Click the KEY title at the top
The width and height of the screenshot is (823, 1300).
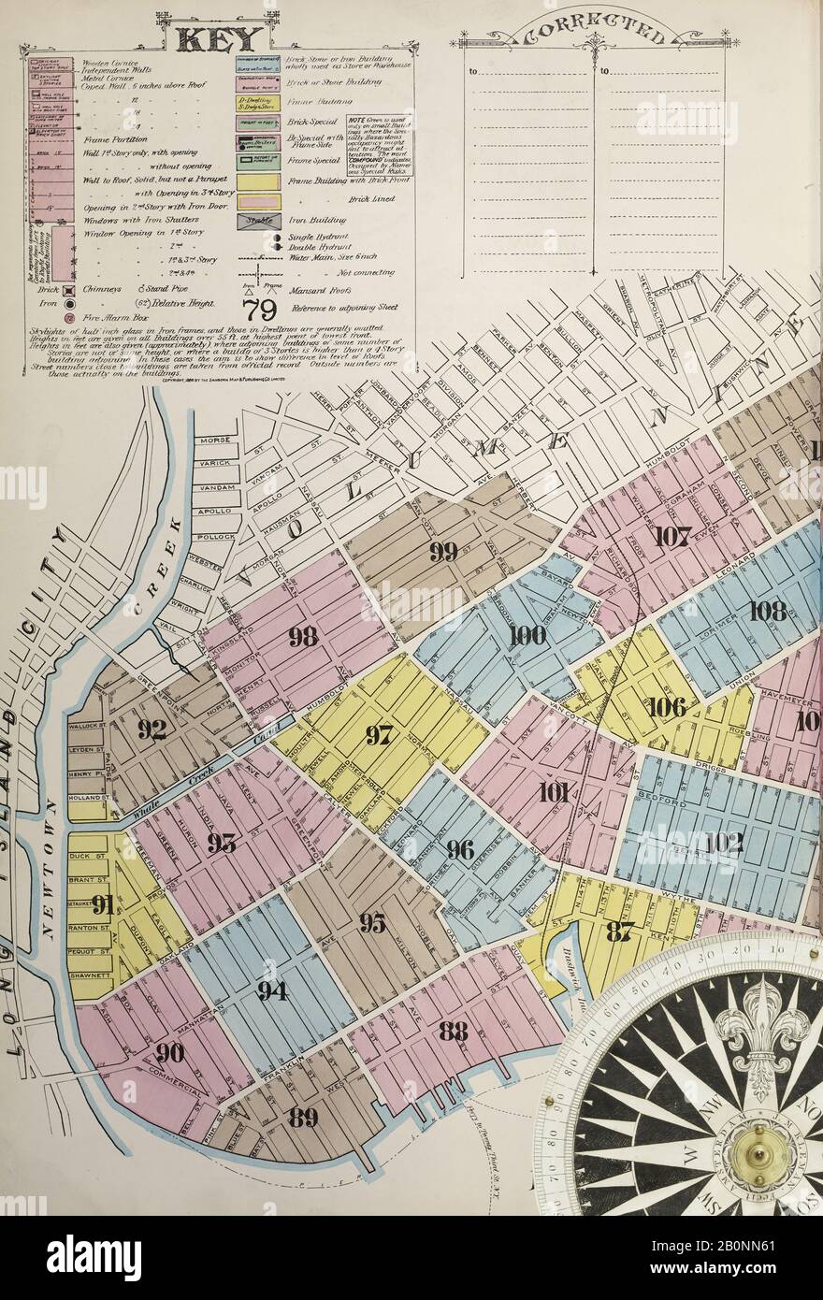pos(219,38)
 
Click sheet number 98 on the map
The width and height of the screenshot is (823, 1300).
pos(302,637)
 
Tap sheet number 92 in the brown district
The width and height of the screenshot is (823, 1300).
pos(152,729)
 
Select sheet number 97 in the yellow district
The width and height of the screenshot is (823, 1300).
pos(378,735)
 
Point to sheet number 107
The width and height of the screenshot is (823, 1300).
pos(671,537)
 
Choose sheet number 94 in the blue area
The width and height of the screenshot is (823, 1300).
pos(272,990)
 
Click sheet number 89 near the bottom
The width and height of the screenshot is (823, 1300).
pos(303,1117)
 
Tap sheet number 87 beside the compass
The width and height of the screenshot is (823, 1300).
pos(619,930)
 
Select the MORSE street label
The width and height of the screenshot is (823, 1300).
pos(212,440)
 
